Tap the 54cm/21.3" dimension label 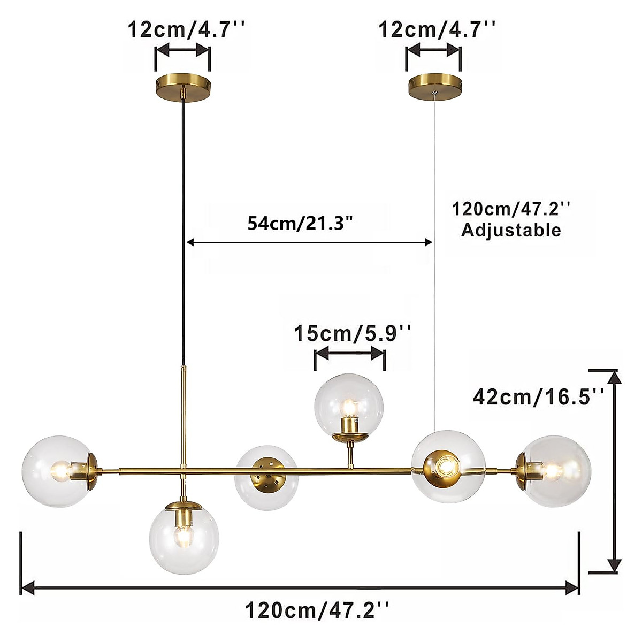(x=301, y=223)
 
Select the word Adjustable (x=511, y=230)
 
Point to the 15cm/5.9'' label (x=353, y=334)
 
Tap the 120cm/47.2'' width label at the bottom (x=317, y=609)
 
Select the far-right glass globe (x=556, y=471)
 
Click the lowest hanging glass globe (x=184, y=538)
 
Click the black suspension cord (x=184, y=225)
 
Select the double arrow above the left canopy (x=182, y=51)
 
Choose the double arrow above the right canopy (x=433, y=51)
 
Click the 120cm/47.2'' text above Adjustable (x=511, y=208)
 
